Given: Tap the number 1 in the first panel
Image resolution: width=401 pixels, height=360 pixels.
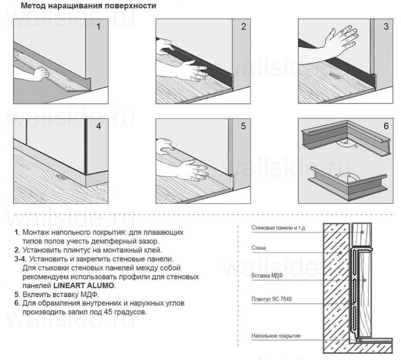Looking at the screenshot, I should [98, 26].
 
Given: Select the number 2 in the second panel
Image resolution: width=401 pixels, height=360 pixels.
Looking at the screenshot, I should [243, 26].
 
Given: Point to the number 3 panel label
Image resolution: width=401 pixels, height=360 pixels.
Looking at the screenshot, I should [386, 26].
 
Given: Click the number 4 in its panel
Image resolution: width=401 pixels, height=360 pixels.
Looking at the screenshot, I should [98, 126].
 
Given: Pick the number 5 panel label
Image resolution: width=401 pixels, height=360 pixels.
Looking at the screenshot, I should [243, 126].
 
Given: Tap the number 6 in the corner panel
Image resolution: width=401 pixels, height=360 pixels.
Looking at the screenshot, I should [386, 126].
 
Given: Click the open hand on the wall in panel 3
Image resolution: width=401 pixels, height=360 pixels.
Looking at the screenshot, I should [343, 41].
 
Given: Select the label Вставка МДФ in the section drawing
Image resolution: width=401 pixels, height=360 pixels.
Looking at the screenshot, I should [268, 275].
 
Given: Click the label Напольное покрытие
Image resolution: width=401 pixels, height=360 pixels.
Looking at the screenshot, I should [275, 335].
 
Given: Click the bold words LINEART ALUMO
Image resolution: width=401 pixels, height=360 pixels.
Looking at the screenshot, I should [84, 286].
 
